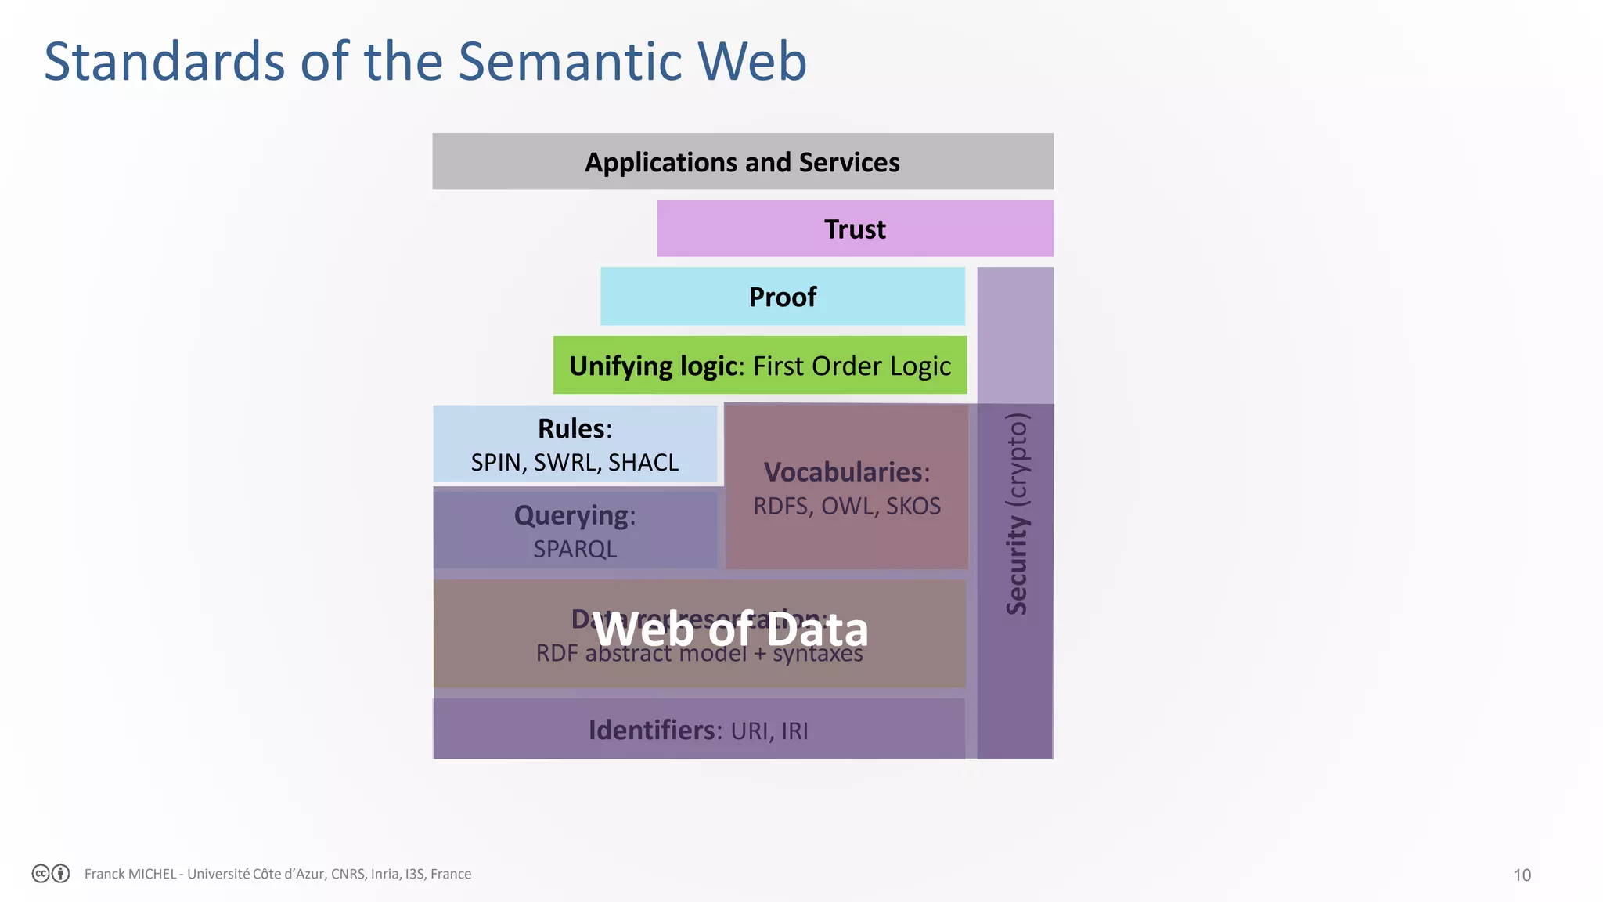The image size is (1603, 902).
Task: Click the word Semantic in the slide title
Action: click(x=569, y=61)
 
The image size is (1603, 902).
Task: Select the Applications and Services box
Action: click(x=742, y=162)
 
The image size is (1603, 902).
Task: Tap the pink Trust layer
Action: click(x=855, y=229)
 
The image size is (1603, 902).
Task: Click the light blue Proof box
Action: click(x=782, y=298)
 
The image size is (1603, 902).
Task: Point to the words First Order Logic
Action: click(x=852, y=366)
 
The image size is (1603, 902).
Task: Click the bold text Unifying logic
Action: click(x=653, y=366)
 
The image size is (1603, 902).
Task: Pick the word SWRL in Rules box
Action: click(x=565, y=463)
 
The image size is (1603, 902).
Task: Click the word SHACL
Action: click(x=643, y=463)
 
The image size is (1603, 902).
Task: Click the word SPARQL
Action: click(x=575, y=550)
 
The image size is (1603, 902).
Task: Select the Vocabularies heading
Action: click(x=844, y=472)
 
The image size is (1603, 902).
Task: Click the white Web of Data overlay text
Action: click(x=730, y=629)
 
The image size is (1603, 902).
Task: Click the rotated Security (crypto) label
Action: click(x=1016, y=514)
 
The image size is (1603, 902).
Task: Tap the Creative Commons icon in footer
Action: click(x=41, y=874)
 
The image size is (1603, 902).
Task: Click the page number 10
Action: click(x=1522, y=875)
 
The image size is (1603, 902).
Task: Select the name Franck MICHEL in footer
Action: click(x=130, y=874)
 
